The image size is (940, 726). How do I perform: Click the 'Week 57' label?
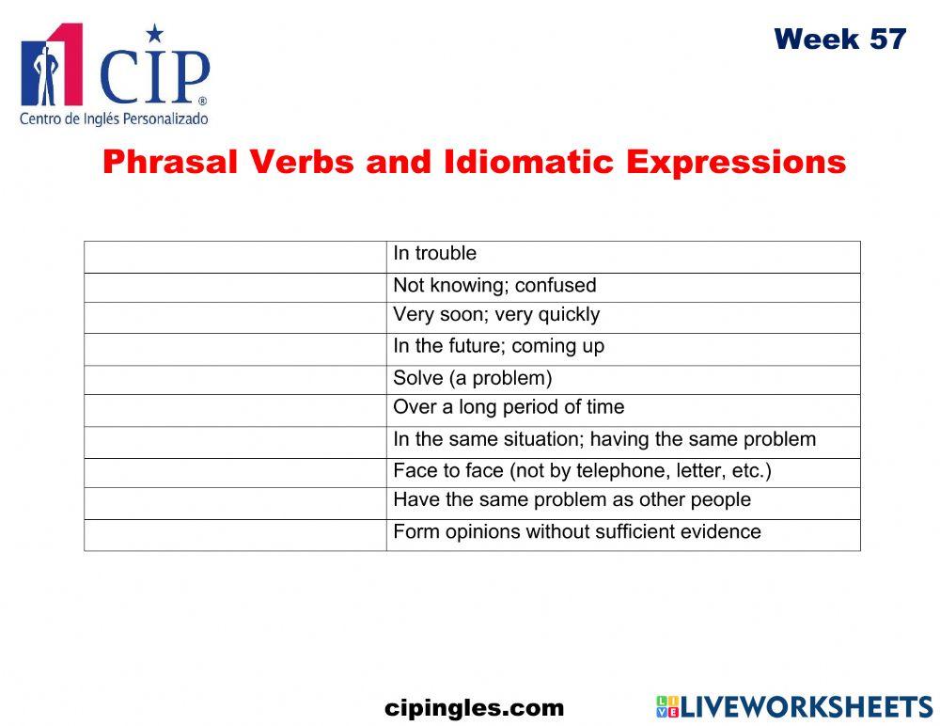point(839,39)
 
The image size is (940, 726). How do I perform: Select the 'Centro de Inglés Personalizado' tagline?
point(114,119)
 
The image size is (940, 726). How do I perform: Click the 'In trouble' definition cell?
point(434,254)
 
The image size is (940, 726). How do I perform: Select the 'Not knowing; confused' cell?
point(494,286)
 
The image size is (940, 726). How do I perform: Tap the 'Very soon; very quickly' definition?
point(496,315)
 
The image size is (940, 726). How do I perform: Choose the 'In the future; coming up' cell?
point(498,346)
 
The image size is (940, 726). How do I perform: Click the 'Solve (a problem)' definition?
point(472,378)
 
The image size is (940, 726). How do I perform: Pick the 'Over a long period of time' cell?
point(509,407)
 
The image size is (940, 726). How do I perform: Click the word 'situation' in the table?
point(562,439)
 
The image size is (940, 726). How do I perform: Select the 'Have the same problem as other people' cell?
point(572,500)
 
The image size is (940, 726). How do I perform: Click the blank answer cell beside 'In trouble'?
point(235,257)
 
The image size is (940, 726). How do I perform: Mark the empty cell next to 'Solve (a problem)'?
point(235,380)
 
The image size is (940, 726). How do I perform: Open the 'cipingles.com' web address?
point(475,708)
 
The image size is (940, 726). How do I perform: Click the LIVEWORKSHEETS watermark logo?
point(794,707)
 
